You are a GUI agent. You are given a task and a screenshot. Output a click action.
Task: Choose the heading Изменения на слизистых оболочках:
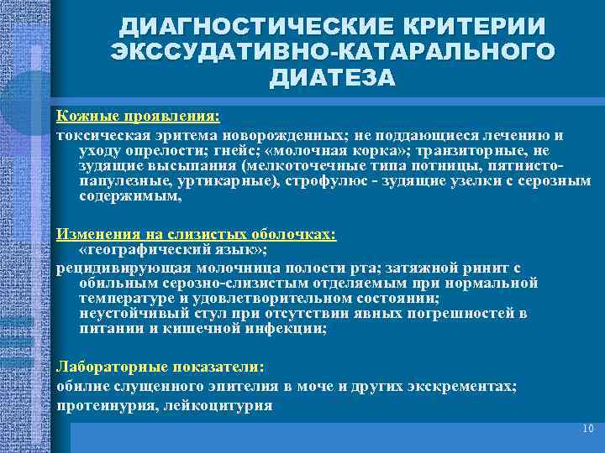click(196, 235)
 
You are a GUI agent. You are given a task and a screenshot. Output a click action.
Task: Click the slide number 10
click(587, 429)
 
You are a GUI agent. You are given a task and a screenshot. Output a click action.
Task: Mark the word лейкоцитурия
click(218, 405)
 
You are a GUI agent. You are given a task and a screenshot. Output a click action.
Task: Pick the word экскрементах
click(471, 387)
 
